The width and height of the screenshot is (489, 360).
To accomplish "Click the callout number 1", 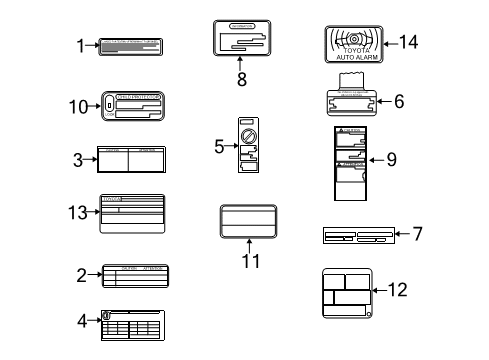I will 81,44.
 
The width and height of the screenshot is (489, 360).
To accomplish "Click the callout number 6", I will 399,101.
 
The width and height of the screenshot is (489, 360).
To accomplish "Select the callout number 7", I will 417,234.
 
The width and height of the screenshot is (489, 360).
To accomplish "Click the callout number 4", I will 83,320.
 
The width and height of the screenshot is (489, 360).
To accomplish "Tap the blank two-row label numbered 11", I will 248,221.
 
